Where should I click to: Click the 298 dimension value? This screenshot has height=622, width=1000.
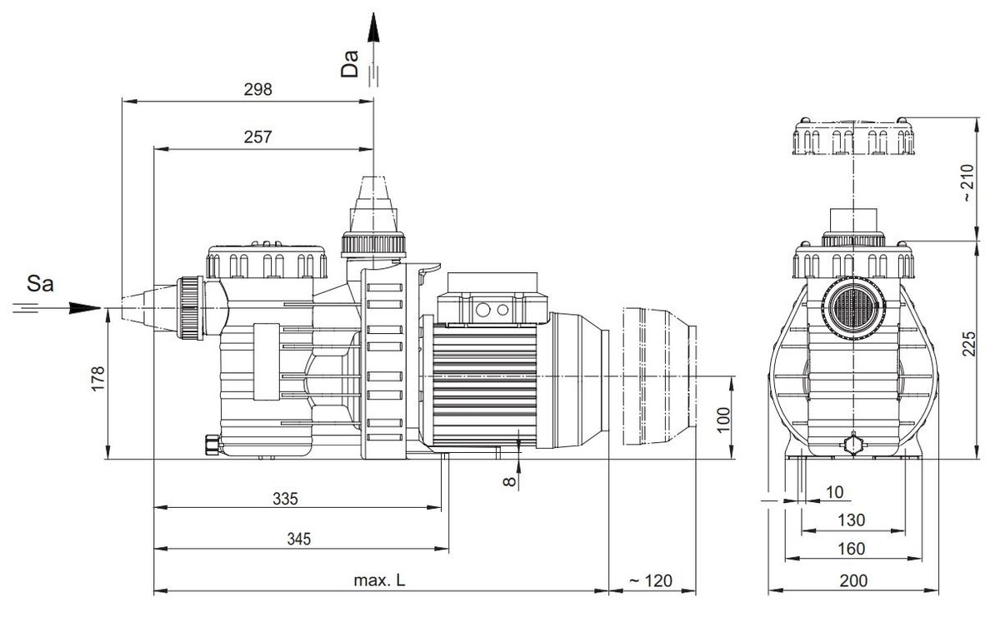point(258,90)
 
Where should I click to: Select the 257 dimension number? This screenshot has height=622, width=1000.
point(258,137)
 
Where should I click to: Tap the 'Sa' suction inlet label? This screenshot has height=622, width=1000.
point(41,285)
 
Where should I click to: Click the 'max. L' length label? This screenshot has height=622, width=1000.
point(382,580)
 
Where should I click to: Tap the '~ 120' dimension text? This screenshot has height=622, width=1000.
point(650,580)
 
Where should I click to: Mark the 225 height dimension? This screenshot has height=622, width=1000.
point(966,345)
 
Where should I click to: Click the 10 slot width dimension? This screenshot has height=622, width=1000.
point(834,492)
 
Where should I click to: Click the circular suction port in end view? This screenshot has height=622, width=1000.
point(851,314)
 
